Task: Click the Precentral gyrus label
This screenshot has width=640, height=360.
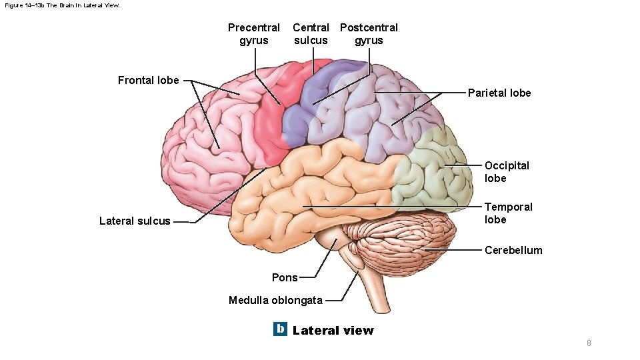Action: coord(254,34)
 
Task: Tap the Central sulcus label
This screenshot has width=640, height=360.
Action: coord(311,34)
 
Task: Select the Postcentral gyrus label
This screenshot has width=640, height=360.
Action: coord(369,34)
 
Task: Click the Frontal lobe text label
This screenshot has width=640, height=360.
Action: coord(148,81)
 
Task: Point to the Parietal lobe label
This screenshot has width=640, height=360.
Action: coord(499,93)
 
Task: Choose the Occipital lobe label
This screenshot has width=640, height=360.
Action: coord(507,172)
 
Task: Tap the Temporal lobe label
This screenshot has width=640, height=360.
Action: coord(508,213)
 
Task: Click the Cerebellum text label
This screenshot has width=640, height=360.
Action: coord(513,251)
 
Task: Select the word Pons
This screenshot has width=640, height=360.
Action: coord(285,278)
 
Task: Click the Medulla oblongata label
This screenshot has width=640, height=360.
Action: coord(275,300)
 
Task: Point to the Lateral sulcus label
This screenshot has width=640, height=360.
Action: coord(135,221)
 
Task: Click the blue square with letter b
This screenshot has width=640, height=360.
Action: coord(280,329)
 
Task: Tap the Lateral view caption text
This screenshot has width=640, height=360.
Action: coord(333,331)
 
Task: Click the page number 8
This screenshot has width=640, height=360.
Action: coord(589,343)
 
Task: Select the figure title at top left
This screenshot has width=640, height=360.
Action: coord(62,5)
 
